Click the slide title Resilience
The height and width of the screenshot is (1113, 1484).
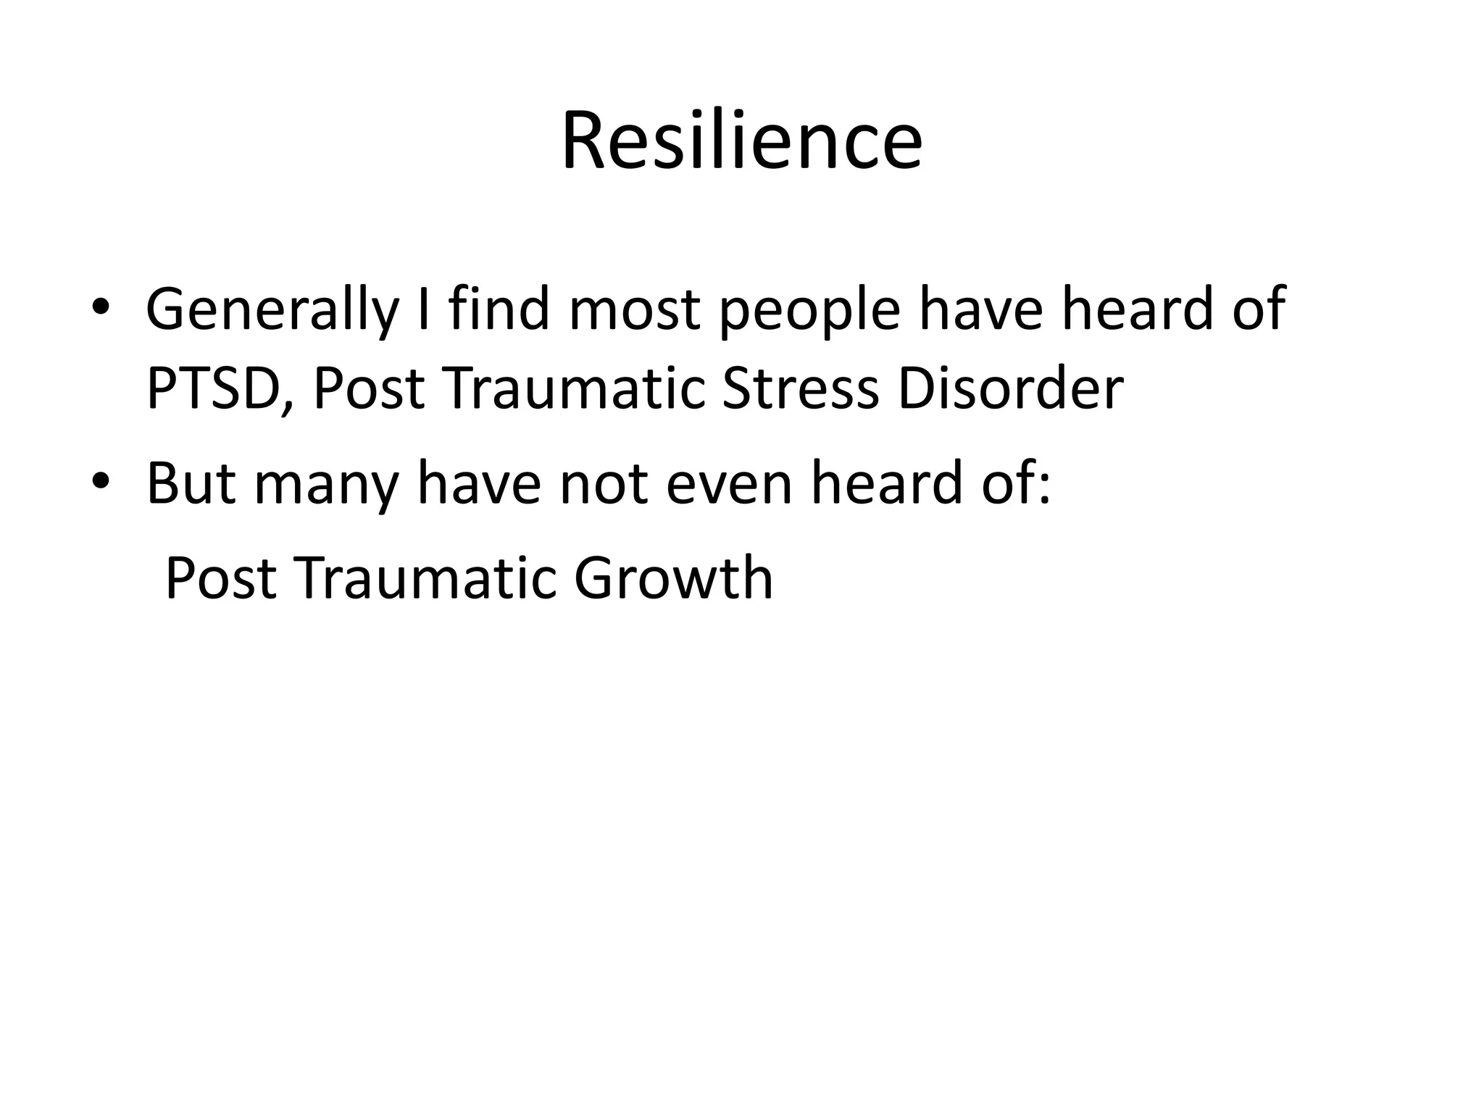pyautogui.click(x=741, y=141)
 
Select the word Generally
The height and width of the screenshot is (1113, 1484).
pyautogui.click(x=272, y=310)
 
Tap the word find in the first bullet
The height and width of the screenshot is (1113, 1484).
pyautogui.click(x=499, y=309)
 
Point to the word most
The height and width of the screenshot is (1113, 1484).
pyautogui.click(x=634, y=310)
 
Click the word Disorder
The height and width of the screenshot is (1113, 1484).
pyautogui.click(x=1010, y=389)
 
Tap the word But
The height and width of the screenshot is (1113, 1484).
pyautogui.click(x=191, y=483)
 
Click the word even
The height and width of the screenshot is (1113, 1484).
pyautogui.click(x=729, y=483)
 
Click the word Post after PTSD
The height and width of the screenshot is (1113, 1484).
pyautogui.click(x=369, y=389)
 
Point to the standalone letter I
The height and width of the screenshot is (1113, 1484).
pyautogui.click(x=425, y=309)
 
